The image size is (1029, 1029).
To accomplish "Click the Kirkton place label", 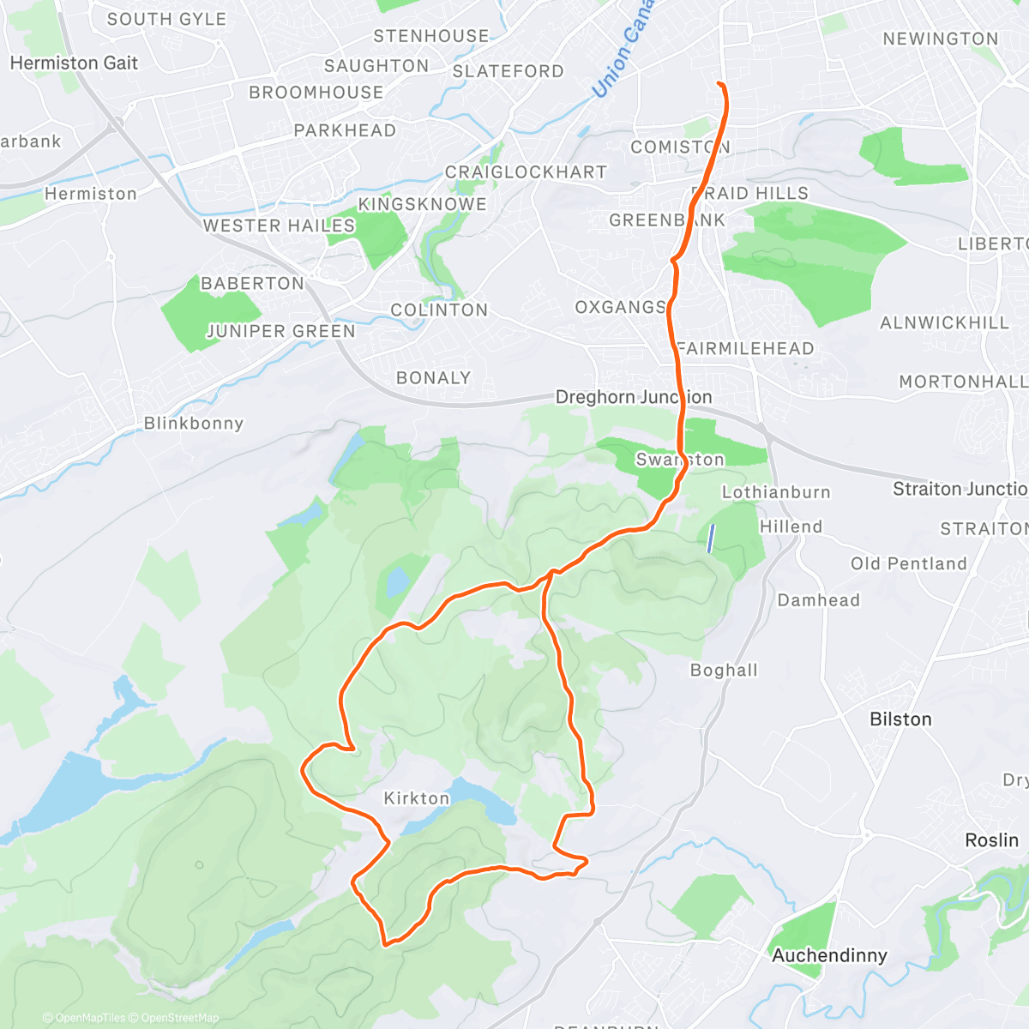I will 416,798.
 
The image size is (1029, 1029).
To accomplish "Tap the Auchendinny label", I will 829,955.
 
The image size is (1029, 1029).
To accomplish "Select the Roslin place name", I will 991,840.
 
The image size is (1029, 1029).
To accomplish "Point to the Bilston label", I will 900,719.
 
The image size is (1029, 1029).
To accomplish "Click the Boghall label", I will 725,671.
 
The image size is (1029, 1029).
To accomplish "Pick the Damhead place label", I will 818,600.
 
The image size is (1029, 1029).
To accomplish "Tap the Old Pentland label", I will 909,563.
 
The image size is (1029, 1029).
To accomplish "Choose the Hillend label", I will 791,527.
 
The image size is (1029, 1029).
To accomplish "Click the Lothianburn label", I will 776,492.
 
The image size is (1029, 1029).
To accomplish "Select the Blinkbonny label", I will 194,424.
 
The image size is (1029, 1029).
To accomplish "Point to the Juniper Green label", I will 281,331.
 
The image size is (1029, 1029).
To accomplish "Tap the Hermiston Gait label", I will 74,63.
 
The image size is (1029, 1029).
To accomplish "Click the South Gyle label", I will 166,19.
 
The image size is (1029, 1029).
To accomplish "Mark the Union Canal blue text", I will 622,50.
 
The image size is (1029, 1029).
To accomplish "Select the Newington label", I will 941,39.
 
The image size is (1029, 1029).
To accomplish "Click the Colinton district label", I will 439,310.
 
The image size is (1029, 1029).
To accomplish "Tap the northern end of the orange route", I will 718,83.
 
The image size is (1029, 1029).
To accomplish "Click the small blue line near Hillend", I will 711,538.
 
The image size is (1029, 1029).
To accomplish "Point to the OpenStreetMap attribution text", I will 179,1018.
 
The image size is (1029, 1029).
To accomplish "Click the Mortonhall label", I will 962,382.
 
